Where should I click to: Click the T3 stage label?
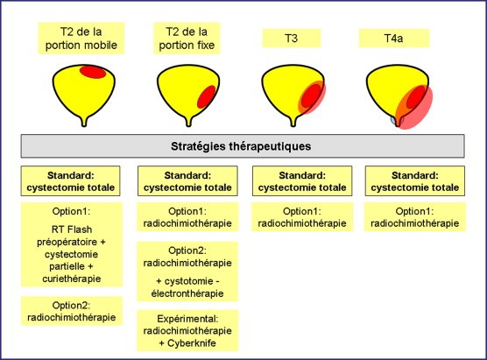coord(292,39)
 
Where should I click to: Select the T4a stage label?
coord(394,39)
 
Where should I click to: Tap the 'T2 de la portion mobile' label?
coord(81,39)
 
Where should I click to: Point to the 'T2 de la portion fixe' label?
coord(187,39)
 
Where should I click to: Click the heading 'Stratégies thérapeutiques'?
coord(241,146)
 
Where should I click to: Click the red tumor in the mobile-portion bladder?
coord(93,72)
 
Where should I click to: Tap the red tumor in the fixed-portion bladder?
coord(207,97)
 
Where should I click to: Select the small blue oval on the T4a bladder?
coord(393,120)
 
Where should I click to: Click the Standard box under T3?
coord(302,181)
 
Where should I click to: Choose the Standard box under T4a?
coord(415,181)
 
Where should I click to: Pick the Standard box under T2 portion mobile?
coord(70,181)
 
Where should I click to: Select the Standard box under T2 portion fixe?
coord(187,181)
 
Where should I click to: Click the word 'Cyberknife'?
coord(192,343)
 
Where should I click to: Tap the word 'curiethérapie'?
coord(72,279)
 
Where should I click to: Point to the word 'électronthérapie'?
coord(187,293)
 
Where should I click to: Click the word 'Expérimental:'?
coord(187,319)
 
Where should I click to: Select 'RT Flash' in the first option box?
coord(72,229)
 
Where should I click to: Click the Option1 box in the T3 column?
coord(302,217)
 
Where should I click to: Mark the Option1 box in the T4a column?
coord(415,217)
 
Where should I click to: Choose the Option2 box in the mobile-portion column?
coord(72,311)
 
